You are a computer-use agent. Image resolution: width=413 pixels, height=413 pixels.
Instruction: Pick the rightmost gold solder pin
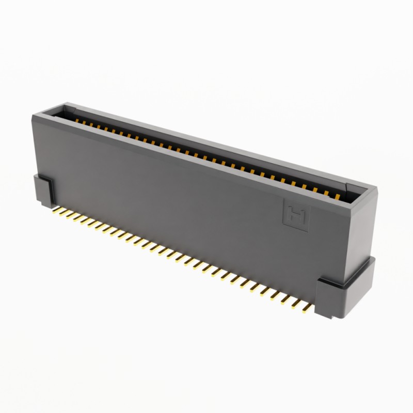click(307, 308)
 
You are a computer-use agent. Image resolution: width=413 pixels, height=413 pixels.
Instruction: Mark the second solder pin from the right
click(300, 306)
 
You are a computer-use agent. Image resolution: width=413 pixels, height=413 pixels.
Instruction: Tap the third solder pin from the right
click(294, 303)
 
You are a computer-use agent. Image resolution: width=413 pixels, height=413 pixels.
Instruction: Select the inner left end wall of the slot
click(66, 110)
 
